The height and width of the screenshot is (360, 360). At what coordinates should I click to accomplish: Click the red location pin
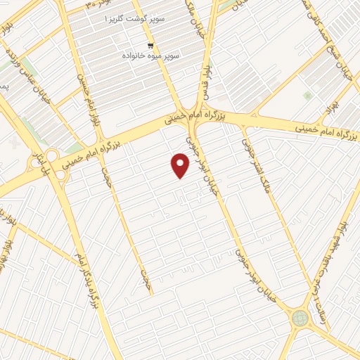click(181, 165)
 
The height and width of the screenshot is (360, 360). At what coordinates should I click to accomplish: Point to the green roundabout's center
click(300, 318)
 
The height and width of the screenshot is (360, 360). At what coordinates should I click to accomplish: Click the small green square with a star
click(307, 95)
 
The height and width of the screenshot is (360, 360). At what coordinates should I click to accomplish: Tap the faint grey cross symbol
click(16, 145)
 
